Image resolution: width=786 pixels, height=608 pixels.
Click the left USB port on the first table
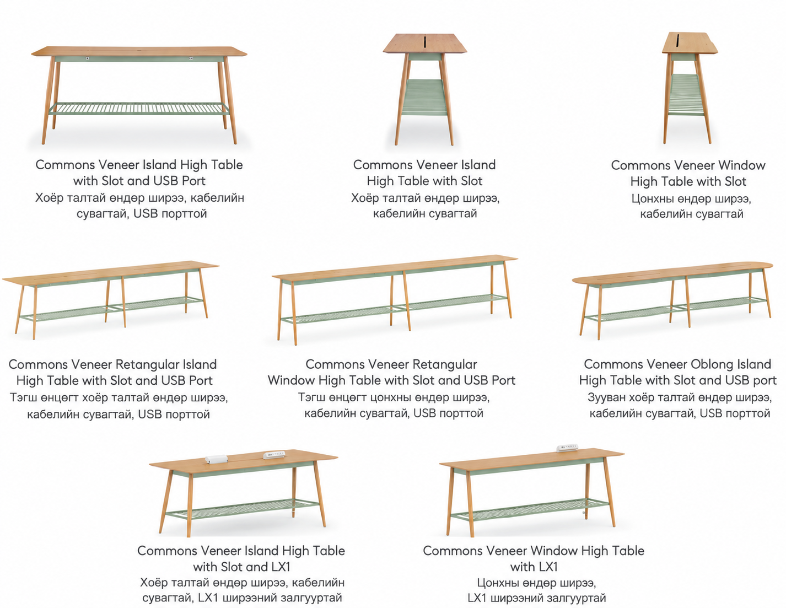coord(88,58)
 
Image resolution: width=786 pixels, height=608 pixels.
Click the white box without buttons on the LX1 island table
coord(216,458)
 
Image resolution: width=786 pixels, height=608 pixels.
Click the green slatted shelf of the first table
coord(139,109)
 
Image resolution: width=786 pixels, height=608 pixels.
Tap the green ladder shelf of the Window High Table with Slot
coord(686,95)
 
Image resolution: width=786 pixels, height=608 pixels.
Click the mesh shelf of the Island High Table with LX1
coord(243,508)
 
